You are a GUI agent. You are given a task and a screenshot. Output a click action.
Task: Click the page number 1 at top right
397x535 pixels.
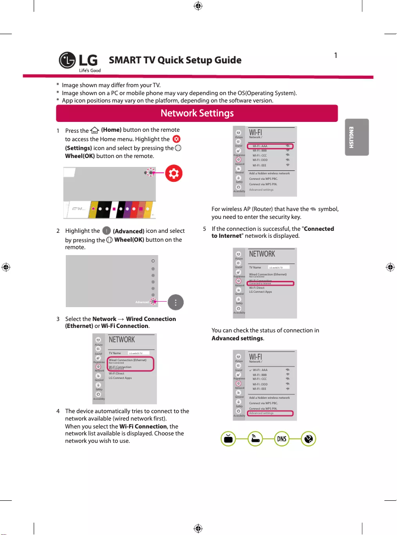click(x=335, y=55)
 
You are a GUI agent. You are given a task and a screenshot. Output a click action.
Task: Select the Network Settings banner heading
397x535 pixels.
click(x=197, y=113)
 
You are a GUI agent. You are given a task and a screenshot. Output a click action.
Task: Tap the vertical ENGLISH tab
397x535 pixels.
click(x=350, y=137)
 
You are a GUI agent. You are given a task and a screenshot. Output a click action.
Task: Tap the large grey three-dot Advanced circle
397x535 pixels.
click(x=176, y=301)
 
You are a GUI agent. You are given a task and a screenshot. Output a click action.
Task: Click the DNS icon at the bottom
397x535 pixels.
click(x=281, y=439)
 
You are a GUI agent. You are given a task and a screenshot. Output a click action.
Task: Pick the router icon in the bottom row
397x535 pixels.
click(x=254, y=439)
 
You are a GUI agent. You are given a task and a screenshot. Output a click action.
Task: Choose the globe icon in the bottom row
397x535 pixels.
click(x=308, y=439)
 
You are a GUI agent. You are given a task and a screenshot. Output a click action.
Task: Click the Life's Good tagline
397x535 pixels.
click(x=89, y=70)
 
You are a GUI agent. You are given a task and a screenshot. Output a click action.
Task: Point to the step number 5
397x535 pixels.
click(x=205, y=229)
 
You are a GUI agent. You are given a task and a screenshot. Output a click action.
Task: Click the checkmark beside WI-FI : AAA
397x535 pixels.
click(x=250, y=370)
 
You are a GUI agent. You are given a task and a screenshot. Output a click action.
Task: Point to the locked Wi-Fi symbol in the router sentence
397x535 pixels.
click(x=313, y=210)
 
